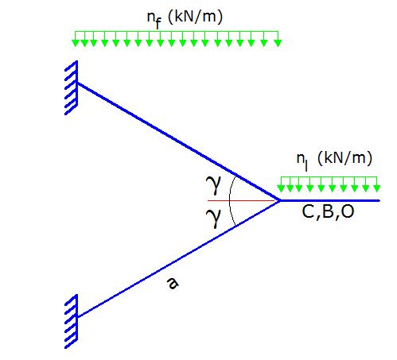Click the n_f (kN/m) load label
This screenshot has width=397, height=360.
point(185,18)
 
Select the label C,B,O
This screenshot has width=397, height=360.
point(328,212)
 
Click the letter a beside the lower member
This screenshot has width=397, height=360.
point(173,283)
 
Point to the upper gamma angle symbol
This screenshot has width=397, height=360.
point(213,184)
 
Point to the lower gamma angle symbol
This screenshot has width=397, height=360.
point(213,218)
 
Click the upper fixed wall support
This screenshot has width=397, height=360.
point(72,87)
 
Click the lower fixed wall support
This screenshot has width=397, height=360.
point(72,321)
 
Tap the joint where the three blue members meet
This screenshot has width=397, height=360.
point(279,200)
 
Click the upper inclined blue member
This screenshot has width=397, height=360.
point(178,141)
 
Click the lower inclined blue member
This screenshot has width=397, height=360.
point(178,258)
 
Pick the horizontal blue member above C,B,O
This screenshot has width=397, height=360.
point(330,200)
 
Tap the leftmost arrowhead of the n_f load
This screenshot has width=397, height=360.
point(76,43)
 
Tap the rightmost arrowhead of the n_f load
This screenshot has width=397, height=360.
point(278,43)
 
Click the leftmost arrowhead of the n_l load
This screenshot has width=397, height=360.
point(281,188)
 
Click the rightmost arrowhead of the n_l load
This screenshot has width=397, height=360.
point(376,188)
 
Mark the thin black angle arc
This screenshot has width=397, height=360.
point(230,200)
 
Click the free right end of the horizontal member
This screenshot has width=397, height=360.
point(379,200)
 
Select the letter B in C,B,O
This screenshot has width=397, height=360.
point(328,211)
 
